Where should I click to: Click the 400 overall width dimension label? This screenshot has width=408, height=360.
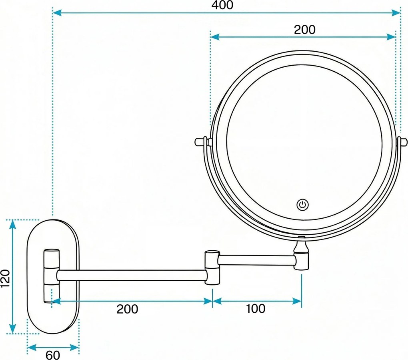pos(222,5)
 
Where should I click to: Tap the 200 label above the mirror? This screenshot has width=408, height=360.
pos(304,30)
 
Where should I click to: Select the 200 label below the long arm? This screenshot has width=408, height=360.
pos(128,309)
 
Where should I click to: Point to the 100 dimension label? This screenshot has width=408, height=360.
pos(255,309)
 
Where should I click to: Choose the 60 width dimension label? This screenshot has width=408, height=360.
pos(52,355)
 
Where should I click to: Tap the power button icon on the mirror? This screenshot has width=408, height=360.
pos(302,205)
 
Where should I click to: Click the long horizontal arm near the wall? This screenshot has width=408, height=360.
pos(132,276)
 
